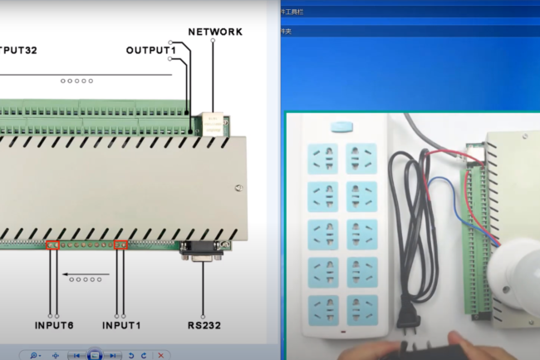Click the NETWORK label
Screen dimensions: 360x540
point(214,32)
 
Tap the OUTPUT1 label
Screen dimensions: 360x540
point(151,51)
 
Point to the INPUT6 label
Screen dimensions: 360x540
point(55,324)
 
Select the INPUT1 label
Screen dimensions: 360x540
point(122,324)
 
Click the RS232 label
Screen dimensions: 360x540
point(203,324)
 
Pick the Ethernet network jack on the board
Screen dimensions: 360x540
point(214,125)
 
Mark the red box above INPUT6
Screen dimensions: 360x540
point(52,244)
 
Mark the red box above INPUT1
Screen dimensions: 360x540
point(120,244)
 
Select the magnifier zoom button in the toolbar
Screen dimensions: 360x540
point(34,355)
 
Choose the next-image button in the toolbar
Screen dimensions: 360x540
point(112,355)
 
